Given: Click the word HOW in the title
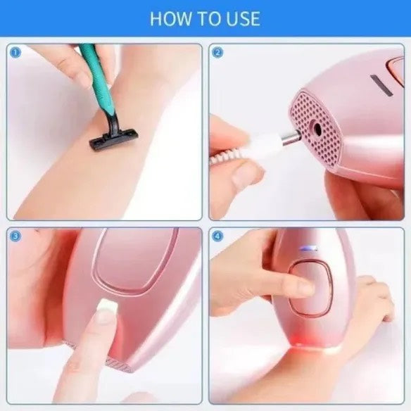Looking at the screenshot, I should (x=166, y=18).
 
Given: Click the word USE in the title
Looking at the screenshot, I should (x=242, y=18).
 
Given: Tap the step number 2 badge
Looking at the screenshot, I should (x=217, y=52).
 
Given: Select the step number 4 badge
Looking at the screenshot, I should (x=217, y=236).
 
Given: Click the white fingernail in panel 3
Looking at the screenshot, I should (x=106, y=306).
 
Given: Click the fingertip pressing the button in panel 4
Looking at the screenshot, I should (x=304, y=286).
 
